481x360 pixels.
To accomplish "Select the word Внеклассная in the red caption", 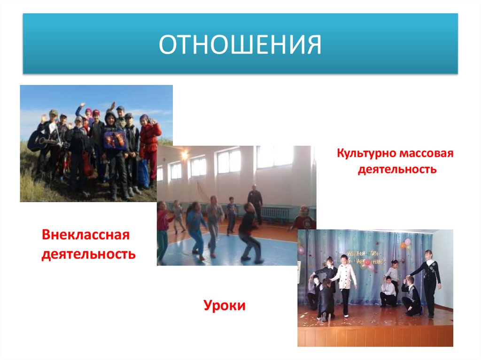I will (85, 234).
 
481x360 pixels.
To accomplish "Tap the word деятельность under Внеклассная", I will (89, 254).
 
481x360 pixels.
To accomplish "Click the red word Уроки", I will (225, 306).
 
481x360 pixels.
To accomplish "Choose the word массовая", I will (427, 153).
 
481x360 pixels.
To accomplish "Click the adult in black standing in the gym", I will (255, 202).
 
